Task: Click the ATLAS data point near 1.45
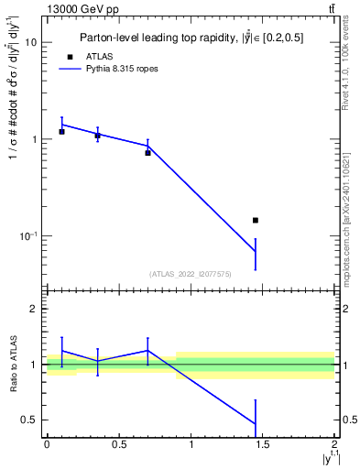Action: point(256,220)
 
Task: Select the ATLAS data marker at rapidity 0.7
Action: point(147,153)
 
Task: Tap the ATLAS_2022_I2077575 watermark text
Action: point(190,273)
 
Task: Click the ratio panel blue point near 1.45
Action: point(256,423)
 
